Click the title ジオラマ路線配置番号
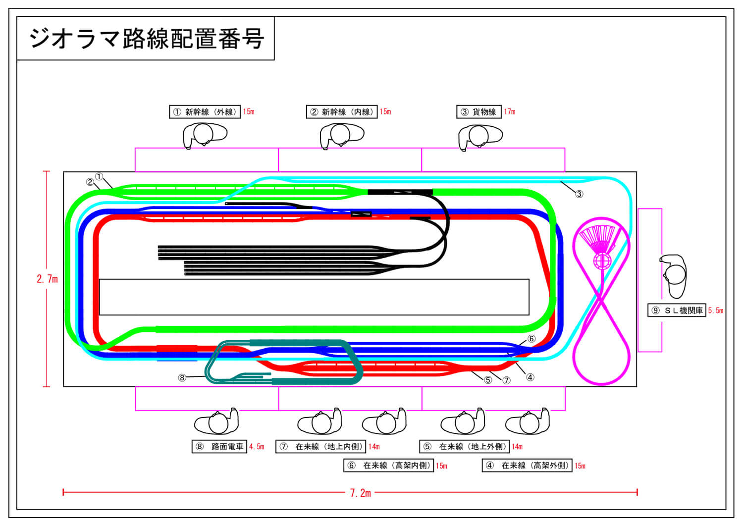tap(146, 39)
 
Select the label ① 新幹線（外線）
tap(205, 112)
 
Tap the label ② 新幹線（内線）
tap(342, 112)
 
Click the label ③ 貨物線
tap(478, 112)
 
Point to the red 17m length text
tap(510, 112)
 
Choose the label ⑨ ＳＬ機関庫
tap(677, 311)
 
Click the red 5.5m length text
tap(716, 311)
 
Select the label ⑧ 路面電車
tap(219, 447)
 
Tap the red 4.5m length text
tap(257, 447)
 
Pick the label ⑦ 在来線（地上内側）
tap(321, 447)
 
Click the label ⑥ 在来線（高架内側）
tap(389, 466)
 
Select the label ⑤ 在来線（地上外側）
tap(465, 447)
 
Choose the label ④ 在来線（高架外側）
tap(527, 466)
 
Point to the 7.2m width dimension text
tap(361, 493)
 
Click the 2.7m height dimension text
tap(47, 279)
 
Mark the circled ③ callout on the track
tap(579, 194)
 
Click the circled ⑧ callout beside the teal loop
tap(182, 378)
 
